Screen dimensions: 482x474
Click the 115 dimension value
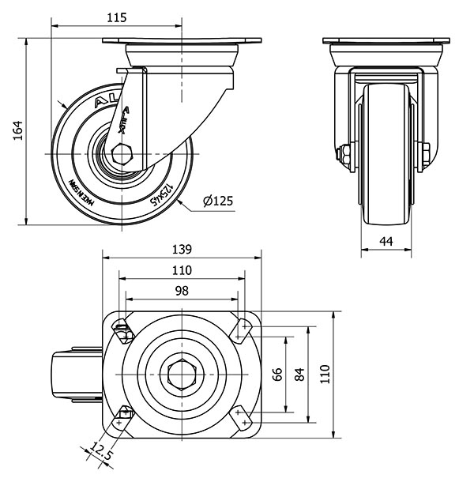pyautogui.click(x=117, y=17)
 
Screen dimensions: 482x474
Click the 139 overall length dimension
pyautogui.click(x=182, y=249)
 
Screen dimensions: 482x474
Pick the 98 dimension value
pyautogui.click(x=182, y=291)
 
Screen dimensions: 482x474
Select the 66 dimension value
pyautogui.click(x=277, y=375)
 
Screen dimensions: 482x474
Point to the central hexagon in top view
pyautogui.click(x=182, y=375)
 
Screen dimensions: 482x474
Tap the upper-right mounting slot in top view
pyautogui.click(x=242, y=329)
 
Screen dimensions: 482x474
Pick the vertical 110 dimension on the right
pyautogui.click(x=325, y=375)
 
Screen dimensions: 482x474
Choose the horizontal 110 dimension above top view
pyautogui.click(x=182, y=269)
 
